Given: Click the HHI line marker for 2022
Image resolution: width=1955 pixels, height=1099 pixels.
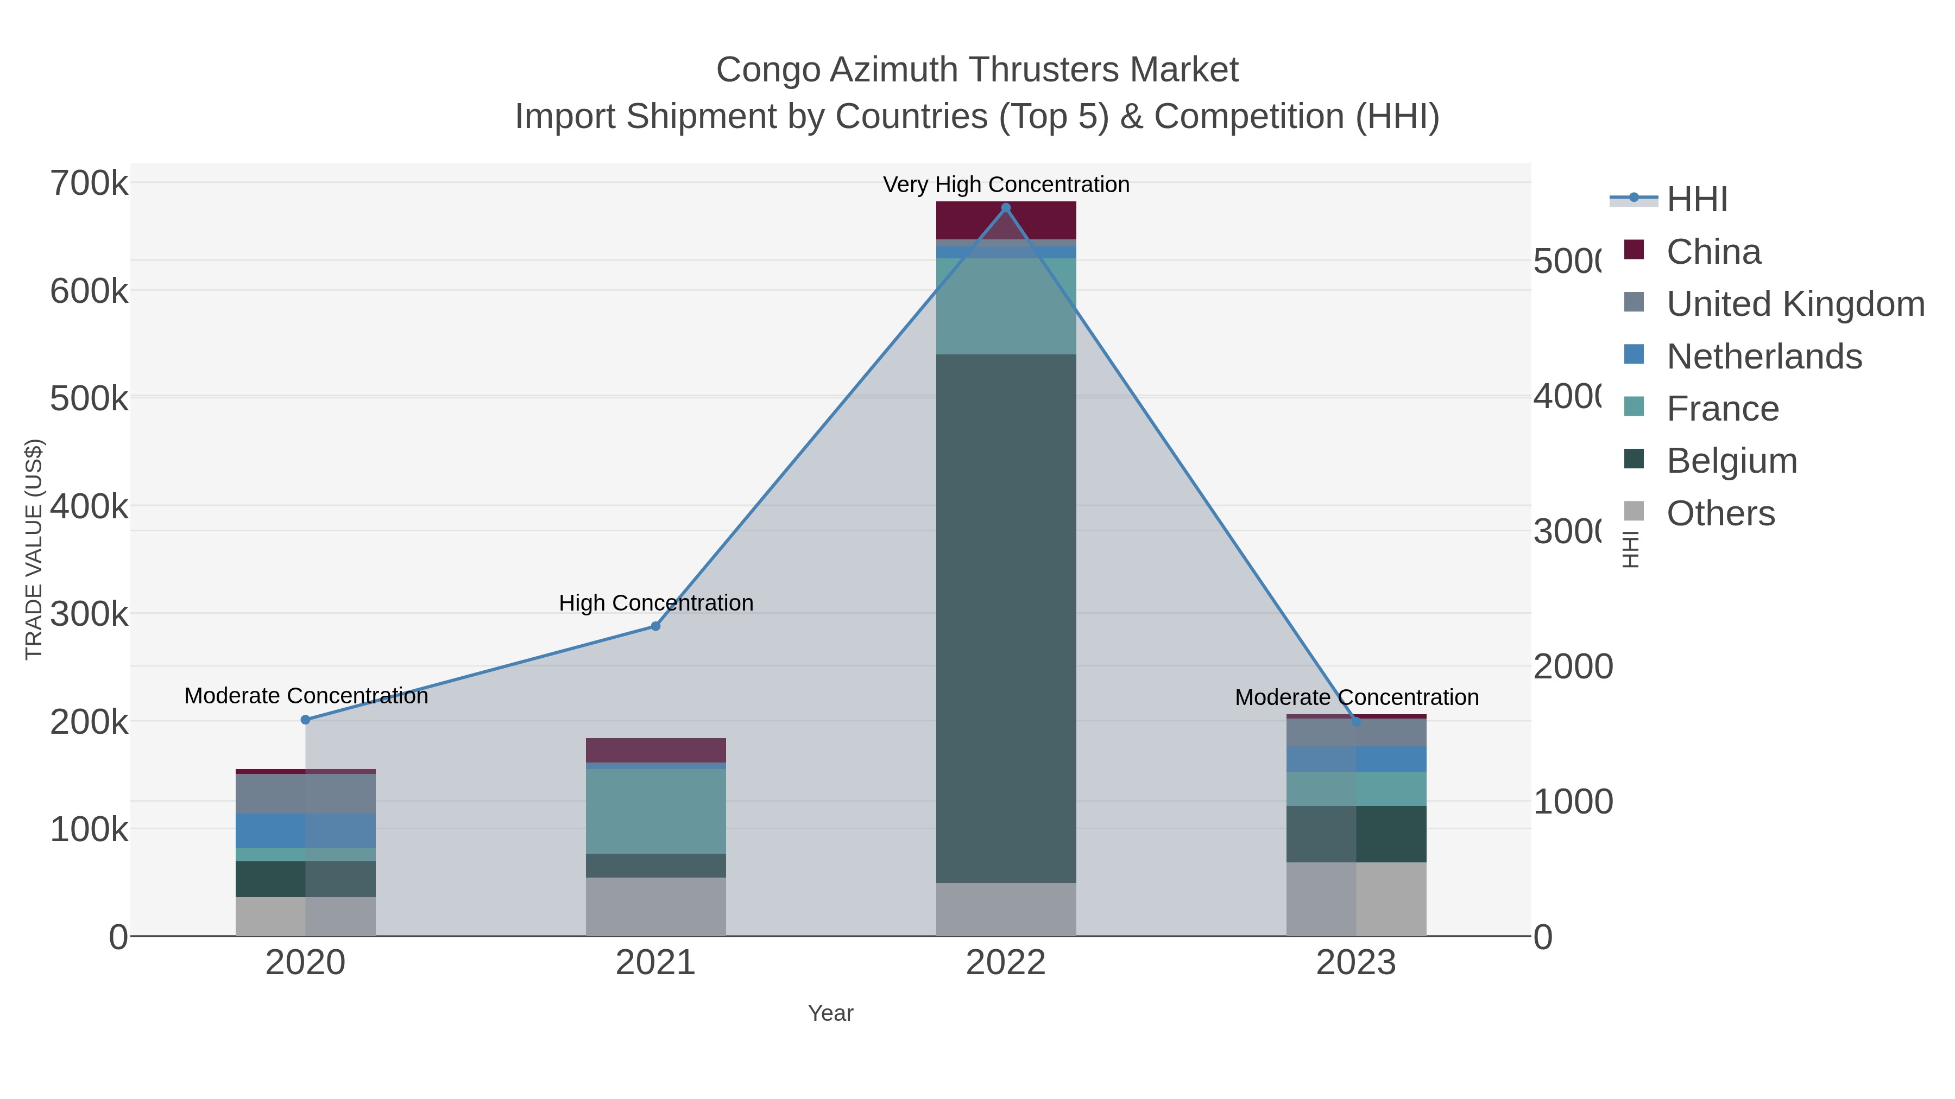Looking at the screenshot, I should tap(1006, 208).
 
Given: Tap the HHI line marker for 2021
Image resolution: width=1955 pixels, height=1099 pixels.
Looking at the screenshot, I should tap(655, 626).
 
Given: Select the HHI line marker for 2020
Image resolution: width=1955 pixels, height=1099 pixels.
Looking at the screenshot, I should tap(306, 720).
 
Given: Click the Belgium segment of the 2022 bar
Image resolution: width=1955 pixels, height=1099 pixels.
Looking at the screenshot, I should tap(1006, 618).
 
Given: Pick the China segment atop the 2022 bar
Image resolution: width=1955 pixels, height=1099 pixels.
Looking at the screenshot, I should tap(1006, 220).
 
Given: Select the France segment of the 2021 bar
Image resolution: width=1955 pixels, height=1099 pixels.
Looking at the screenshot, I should tap(655, 811).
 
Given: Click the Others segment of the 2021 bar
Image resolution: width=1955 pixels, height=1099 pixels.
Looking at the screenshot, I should tap(655, 906).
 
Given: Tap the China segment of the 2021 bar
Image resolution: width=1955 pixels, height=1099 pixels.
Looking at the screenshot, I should tap(655, 750).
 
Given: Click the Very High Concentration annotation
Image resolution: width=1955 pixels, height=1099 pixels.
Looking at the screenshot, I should tap(1006, 185).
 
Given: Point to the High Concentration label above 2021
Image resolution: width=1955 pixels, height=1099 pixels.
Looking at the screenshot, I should tap(655, 603).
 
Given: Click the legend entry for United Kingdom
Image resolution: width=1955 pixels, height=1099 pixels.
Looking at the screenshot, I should tap(1795, 303).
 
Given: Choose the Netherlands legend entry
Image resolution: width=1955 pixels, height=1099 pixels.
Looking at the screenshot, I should tap(1764, 357).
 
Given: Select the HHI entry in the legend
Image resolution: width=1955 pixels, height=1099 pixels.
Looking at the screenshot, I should tap(1697, 200).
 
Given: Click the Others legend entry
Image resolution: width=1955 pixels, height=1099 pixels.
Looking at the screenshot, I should tap(1720, 513).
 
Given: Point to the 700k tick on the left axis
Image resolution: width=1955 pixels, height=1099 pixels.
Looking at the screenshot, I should tap(89, 183).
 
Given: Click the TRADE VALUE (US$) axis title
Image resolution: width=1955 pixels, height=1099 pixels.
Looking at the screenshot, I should tap(34, 549).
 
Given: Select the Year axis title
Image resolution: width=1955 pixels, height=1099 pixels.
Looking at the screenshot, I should tap(830, 1013).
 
